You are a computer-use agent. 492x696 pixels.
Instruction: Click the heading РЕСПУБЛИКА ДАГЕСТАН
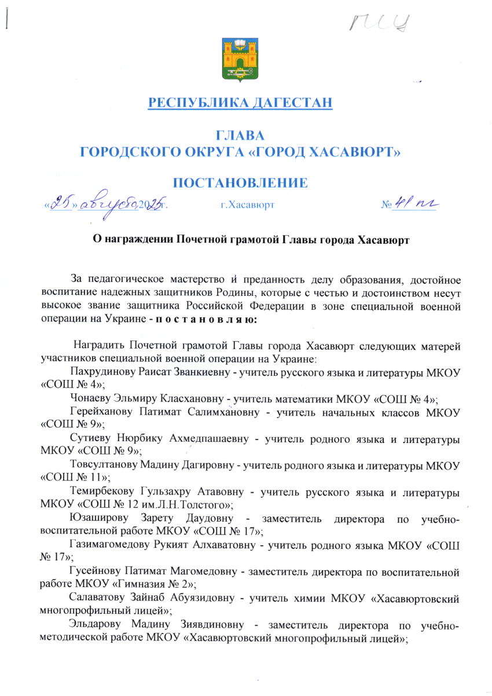(241, 104)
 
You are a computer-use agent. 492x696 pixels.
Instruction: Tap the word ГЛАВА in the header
(240, 137)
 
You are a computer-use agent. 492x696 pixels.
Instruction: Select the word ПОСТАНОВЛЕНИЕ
(240, 184)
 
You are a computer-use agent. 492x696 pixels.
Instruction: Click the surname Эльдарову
(94, 622)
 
